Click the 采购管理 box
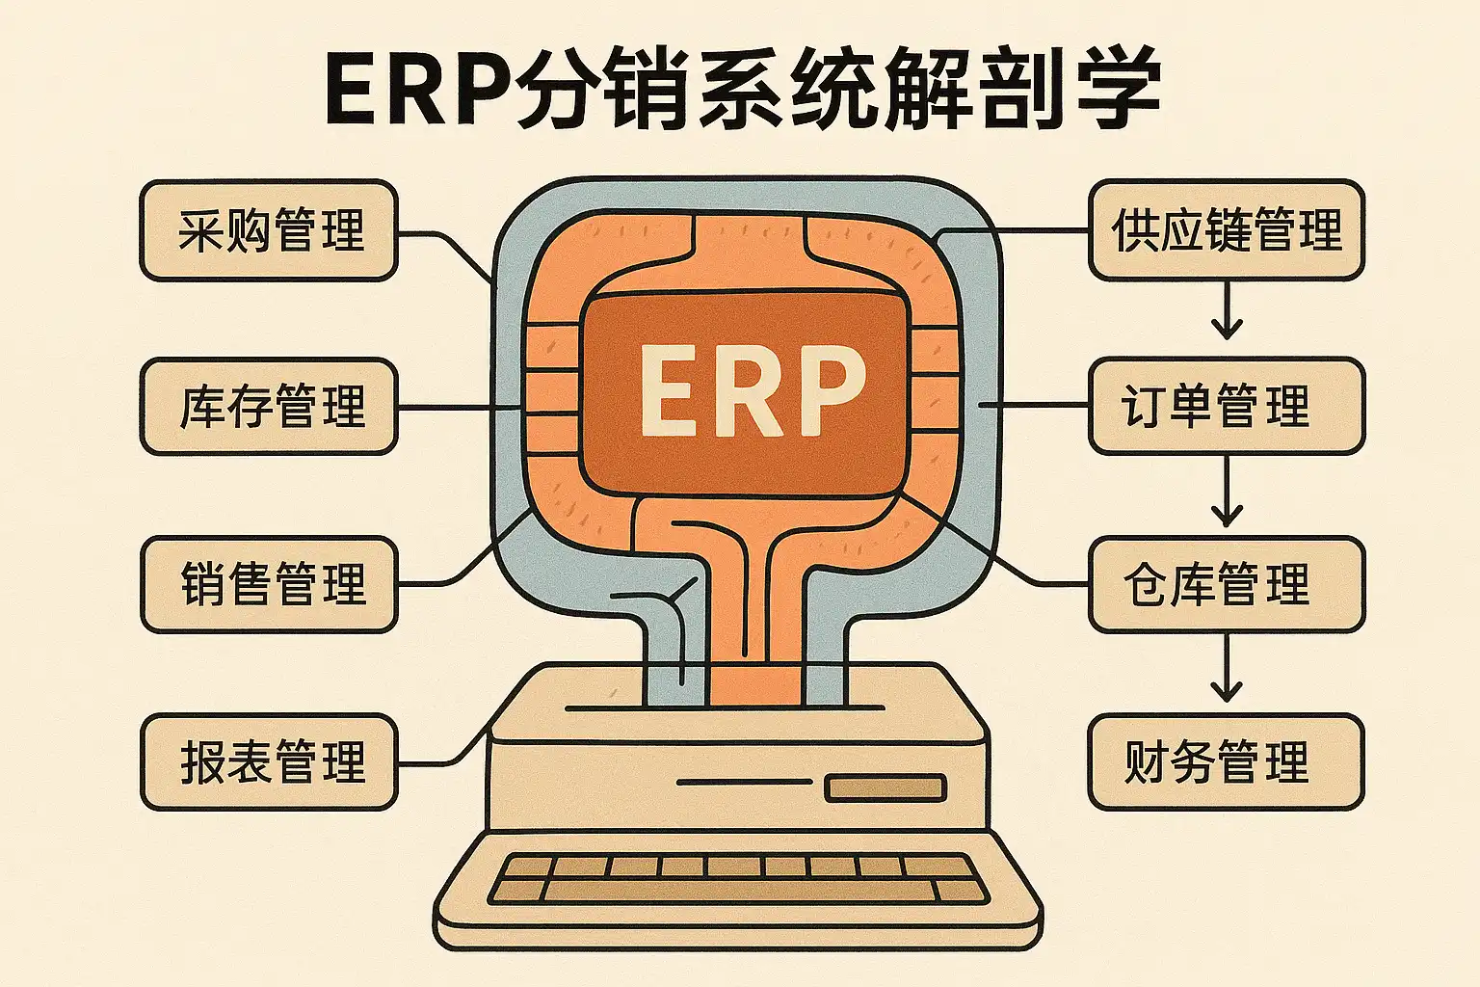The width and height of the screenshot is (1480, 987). [x=269, y=231]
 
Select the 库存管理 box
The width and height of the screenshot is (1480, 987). [x=269, y=406]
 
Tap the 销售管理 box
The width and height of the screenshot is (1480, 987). [x=269, y=584]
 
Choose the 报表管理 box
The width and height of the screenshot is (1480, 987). [x=269, y=761]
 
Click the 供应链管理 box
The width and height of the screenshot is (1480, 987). [x=1226, y=231]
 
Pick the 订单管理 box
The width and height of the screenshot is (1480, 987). [x=1226, y=406]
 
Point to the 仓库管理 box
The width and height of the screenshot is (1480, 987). [x=1226, y=584]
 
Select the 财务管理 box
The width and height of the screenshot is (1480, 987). [x=1226, y=761]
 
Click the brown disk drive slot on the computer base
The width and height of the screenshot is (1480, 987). [x=885, y=788]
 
